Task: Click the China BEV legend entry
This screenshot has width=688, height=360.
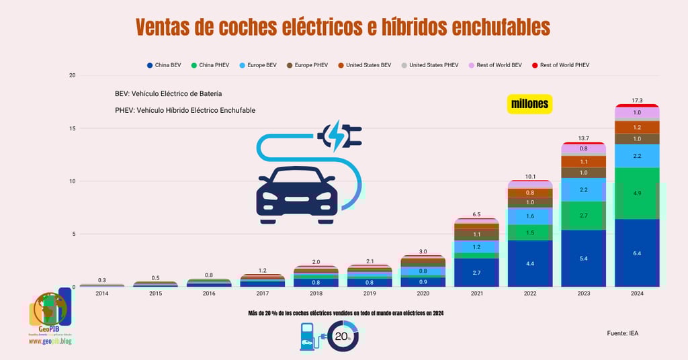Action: (x=164, y=65)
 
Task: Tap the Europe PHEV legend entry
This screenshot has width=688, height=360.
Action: (x=310, y=65)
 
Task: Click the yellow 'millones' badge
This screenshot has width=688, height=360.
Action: (x=529, y=104)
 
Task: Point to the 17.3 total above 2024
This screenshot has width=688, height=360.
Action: (x=637, y=100)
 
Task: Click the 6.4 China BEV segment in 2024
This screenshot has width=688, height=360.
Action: (x=637, y=253)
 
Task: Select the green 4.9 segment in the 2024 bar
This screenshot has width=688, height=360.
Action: (x=637, y=193)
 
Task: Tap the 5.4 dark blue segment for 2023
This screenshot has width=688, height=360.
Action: (x=584, y=259)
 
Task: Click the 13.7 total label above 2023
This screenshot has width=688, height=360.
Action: (x=584, y=138)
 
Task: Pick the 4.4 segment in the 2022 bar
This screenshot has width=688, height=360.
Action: (x=531, y=264)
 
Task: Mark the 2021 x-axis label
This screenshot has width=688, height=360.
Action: (x=477, y=294)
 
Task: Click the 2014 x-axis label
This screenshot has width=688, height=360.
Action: (x=101, y=294)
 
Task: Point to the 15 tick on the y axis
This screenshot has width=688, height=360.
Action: (x=71, y=128)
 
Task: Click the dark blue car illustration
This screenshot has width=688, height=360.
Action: (x=296, y=195)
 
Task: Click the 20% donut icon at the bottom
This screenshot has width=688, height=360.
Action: (x=343, y=336)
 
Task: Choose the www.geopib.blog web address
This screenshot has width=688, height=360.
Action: (x=51, y=341)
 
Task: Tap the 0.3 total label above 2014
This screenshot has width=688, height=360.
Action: (x=101, y=280)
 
